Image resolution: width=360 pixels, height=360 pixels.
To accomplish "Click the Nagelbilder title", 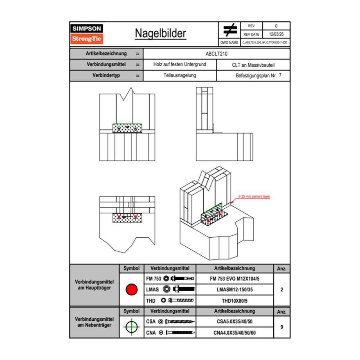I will (160, 34).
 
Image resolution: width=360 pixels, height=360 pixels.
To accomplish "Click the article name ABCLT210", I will (216, 54).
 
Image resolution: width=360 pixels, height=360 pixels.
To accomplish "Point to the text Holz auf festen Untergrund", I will (180, 65).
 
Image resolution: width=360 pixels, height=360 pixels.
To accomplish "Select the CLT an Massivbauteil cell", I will (253, 65).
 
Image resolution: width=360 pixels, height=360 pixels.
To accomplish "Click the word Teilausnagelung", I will (180, 76).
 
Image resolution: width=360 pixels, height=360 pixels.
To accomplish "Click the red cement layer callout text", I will (255, 197).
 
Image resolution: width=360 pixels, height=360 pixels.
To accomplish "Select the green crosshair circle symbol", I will (131, 327).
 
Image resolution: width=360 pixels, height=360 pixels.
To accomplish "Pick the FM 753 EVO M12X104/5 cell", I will (234, 278).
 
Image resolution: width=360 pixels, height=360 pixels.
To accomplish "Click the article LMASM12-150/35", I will (234, 289).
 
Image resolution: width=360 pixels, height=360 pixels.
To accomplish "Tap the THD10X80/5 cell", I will (234, 300).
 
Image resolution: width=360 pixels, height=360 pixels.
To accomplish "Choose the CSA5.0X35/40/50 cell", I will (234, 322).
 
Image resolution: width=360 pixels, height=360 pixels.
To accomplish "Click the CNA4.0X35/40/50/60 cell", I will (234, 333).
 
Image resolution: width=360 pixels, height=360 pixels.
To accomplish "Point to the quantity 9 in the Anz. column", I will (282, 327).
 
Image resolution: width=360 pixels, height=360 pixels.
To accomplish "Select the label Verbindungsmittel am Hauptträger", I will (94, 285).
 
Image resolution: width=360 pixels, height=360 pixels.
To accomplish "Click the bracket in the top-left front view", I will (127, 128).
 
